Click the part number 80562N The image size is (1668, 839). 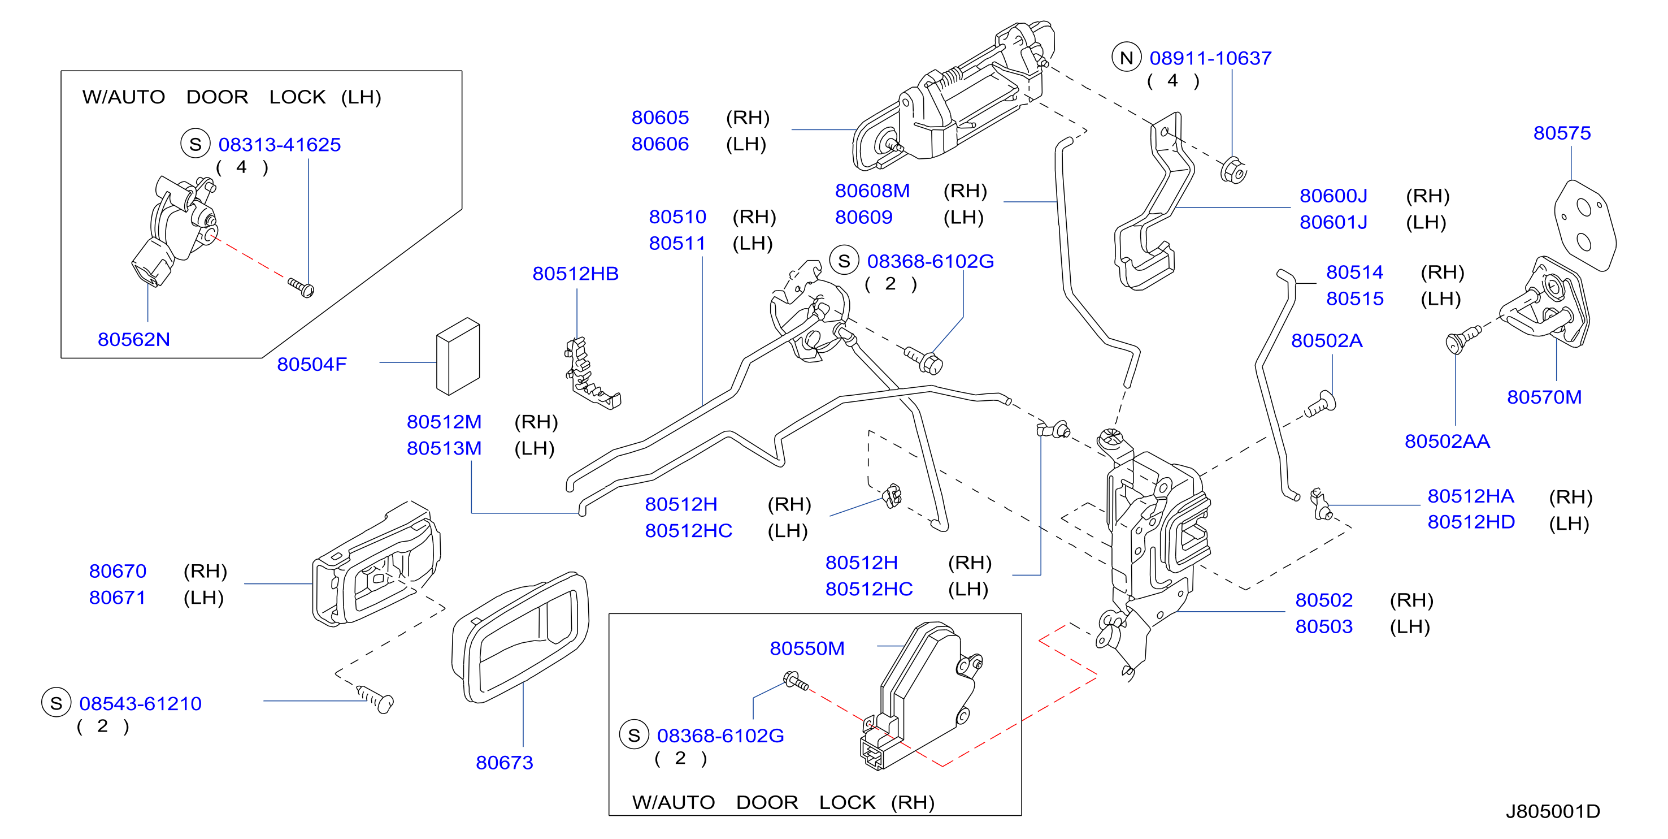pyautogui.click(x=133, y=339)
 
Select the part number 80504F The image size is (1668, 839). pyautogui.click(x=311, y=364)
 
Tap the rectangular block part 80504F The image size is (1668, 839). pyautogui.click(x=458, y=356)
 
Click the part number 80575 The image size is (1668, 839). pyautogui.click(x=1562, y=133)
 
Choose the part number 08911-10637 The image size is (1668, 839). pyautogui.click(x=1210, y=58)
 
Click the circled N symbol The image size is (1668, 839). pyautogui.click(x=1126, y=58)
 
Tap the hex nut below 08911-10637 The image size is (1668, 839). pyautogui.click(x=1233, y=170)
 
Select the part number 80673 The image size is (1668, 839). pyautogui.click(x=505, y=763)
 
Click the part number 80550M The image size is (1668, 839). pyautogui.click(x=807, y=648)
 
